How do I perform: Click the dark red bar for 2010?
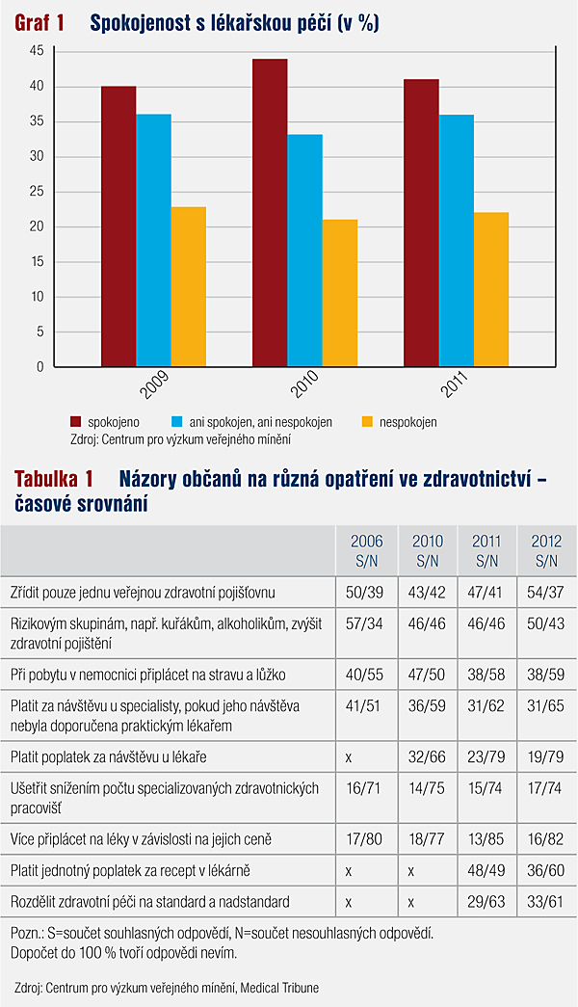coord(270,213)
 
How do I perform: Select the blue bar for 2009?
coord(153,240)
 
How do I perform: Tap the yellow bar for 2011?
coord(491,290)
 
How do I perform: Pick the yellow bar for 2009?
coord(189,286)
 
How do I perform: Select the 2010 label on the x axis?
coord(304,384)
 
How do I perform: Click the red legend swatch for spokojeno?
coord(76,422)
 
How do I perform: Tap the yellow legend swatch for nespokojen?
coord(367,422)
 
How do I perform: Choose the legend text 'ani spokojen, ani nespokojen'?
coord(261,423)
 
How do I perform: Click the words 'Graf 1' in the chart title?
coord(39,23)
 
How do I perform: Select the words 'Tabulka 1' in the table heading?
coord(54,479)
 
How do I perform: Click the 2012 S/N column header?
coord(546,551)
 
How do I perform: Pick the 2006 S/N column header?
coord(367,551)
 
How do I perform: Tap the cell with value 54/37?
coord(546,592)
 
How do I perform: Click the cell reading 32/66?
coord(427,757)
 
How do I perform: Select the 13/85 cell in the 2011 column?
coord(486,839)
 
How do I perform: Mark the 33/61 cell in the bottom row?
coord(546,902)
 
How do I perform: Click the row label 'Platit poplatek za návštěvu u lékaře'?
coord(109,757)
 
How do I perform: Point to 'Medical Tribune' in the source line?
coord(279,988)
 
